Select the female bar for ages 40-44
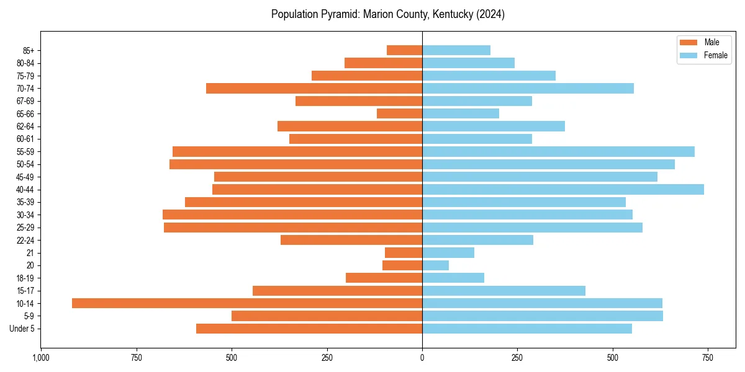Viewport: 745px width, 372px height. point(563,190)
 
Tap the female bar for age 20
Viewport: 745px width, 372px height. point(435,265)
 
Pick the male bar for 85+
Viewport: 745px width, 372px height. point(404,50)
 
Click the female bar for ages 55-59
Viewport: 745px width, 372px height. point(558,152)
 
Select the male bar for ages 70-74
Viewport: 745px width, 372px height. point(314,89)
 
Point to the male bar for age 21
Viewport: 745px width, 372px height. point(404,253)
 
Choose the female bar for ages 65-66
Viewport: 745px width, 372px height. point(461,113)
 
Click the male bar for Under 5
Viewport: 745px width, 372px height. point(309,329)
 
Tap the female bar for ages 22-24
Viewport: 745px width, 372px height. point(477,240)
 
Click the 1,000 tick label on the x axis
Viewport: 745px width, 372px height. point(41,358)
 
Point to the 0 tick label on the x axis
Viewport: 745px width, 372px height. point(422,358)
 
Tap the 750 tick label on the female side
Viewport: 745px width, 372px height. point(708,358)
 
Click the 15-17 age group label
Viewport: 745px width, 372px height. point(25,291)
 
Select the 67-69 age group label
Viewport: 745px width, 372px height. point(25,101)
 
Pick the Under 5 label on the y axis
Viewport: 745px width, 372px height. point(22,329)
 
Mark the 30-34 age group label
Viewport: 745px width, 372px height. point(25,215)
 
